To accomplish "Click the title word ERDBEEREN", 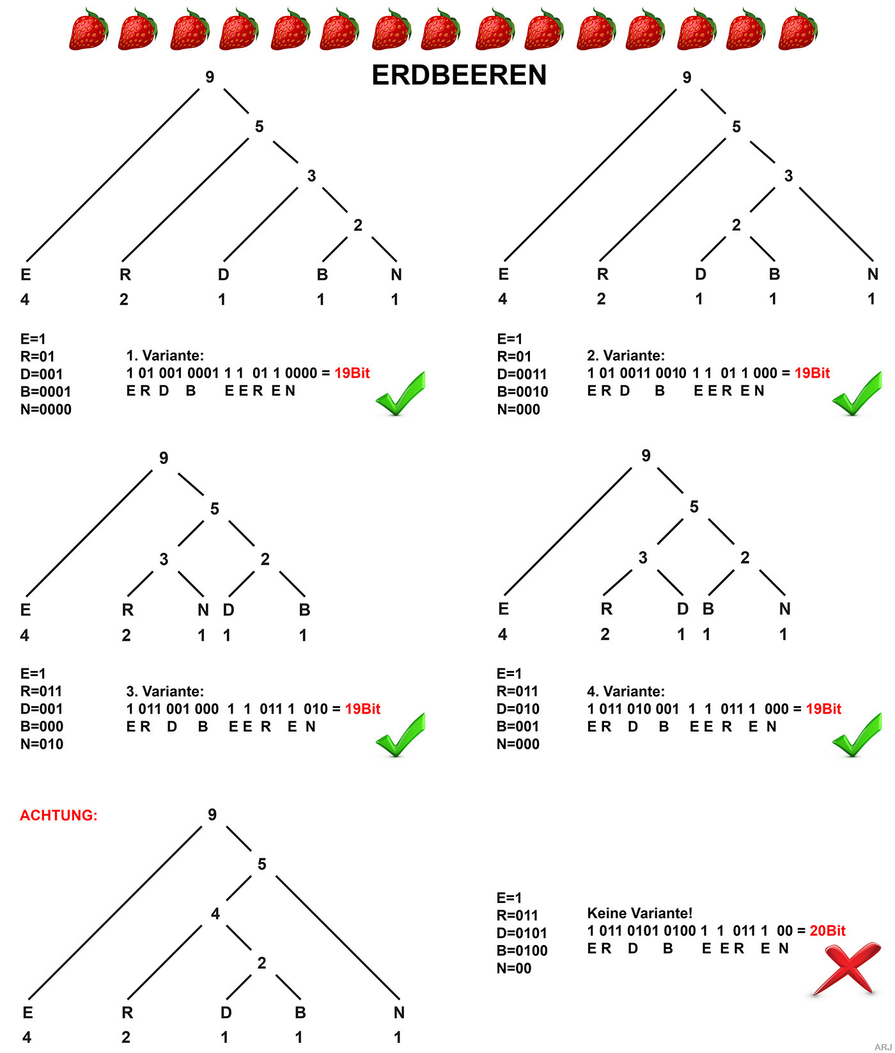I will [x=459, y=75].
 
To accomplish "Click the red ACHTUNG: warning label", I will [x=59, y=815].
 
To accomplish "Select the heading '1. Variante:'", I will [x=165, y=355].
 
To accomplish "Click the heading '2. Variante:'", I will [x=626, y=355].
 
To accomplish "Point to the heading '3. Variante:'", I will [x=165, y=691].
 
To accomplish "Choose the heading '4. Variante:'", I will [x=626, y=691].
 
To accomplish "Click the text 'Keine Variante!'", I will [x=640, y=913].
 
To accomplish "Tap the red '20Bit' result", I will [x=827, y=930].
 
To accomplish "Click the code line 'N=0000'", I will [x=46, y=410].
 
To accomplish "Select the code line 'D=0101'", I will [x=522, y=933].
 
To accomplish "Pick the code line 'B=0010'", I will [x=522, y=392].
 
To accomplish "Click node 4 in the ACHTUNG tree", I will [x=215, y=914].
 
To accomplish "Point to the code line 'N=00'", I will [x=514, y=968].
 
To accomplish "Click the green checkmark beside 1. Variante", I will [x=400, y=394].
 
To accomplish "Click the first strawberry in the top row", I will [x=88, y=29].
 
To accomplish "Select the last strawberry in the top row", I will [x=797, y=29].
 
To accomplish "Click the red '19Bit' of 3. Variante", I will [x=362, y=709].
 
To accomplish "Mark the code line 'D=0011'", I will [x=522, y=374].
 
